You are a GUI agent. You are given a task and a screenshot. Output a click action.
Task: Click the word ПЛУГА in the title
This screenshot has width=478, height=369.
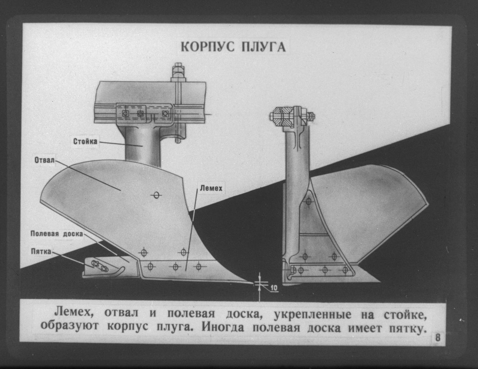(x=264, y=47)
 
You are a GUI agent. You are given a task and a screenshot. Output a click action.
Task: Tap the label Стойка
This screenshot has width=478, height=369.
(x=85, y=141)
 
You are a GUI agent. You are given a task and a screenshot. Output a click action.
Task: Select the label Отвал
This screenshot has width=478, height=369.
(x=44, y=160)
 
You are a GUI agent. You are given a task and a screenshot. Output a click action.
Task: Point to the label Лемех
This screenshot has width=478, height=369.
(x=211, y=188)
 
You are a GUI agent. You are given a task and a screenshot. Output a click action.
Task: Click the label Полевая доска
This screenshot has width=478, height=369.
(x=57, y=234)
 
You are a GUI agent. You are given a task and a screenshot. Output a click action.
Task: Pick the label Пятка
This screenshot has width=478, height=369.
(x=41, y=251)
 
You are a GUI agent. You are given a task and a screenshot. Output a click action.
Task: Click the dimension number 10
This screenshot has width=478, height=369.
(x=274, y=288)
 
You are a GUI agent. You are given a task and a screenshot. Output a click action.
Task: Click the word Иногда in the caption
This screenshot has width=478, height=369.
(x=223, y=328)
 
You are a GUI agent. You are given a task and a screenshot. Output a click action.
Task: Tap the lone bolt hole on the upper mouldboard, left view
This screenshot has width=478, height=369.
(x=156, y=195)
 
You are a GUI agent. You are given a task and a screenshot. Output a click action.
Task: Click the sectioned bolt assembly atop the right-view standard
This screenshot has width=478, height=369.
(x=292, y=116)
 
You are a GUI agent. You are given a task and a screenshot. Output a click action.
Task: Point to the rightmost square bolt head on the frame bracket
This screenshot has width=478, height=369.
(x=165, y=114)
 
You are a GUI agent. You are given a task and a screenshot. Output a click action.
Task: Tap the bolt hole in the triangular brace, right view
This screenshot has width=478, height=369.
(x=308, y=201)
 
